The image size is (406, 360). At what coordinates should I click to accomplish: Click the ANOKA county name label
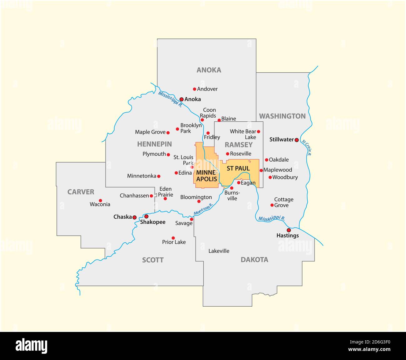tap(209, 70)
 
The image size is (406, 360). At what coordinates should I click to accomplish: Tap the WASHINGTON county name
tap(282, 116)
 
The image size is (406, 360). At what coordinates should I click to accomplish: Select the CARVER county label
tap(81, 192)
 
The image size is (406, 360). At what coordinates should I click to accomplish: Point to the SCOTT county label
tap(153, 260)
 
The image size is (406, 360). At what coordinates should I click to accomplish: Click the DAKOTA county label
tap(254, 260)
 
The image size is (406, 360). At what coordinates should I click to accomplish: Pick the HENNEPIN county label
tap(154, 144)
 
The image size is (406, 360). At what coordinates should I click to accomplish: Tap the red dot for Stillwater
tap(297, 140)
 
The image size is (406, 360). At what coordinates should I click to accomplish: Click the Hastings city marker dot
tap(289, 230)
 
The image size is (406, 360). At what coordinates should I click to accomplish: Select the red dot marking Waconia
tap(100, 201)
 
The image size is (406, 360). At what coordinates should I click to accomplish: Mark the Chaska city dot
tap(134, 217)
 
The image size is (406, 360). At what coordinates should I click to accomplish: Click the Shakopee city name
tap(153, 222)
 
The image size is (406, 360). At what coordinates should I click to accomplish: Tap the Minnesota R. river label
tap(203, 209)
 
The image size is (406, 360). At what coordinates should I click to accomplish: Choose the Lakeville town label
tap(219, 251)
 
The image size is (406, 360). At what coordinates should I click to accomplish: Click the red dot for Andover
tap(195, 89)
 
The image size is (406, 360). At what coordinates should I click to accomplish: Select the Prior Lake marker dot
tap(173, 238)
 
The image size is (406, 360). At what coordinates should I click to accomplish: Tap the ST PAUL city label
tap(238, 168)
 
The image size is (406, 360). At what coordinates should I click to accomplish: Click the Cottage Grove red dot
tap(272, 205)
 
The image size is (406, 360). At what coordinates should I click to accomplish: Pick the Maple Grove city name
tap(150, 132)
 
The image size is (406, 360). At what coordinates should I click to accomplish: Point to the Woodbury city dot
tap(270, 177)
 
